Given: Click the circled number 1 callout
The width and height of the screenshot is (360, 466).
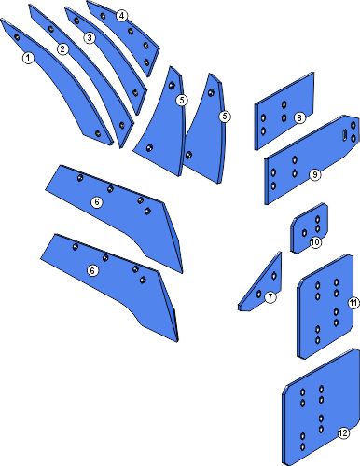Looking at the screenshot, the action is [28, 58].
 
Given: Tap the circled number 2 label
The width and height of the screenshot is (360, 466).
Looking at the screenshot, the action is [62, 49].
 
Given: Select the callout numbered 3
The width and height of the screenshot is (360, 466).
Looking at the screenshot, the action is [90, 38].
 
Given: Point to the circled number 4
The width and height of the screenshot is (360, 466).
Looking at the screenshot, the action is [122, 16].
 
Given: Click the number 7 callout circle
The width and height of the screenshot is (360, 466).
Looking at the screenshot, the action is [270, 297].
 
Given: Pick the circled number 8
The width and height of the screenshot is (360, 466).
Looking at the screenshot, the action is [299, 118].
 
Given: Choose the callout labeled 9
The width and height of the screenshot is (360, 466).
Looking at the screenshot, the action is [314, 175].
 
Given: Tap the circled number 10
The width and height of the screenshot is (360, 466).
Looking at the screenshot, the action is [315, 242].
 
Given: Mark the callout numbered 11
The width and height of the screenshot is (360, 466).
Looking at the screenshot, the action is [353, 302].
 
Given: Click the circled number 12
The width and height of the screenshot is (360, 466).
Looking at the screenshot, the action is [343, 433].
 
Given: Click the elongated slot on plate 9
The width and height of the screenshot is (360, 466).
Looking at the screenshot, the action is [345, 135].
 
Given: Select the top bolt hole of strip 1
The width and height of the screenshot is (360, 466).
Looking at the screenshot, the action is [17, 37].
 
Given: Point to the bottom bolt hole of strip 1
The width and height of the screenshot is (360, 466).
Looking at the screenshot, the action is [98, 134].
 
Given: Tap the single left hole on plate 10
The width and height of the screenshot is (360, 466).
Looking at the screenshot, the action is [304, 233].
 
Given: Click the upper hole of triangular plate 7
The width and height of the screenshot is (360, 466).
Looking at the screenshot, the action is [274, 276].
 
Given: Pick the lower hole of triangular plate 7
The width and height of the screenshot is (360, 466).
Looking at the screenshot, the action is [258, 294].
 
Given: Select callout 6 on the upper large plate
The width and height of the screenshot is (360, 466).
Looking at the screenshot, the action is [97, 202].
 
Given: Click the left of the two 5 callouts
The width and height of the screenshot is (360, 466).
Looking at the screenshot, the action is [182, 100].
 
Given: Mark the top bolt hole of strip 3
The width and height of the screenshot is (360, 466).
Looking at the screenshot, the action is [76, 21].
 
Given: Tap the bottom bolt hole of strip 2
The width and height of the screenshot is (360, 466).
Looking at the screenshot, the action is [122, 125].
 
